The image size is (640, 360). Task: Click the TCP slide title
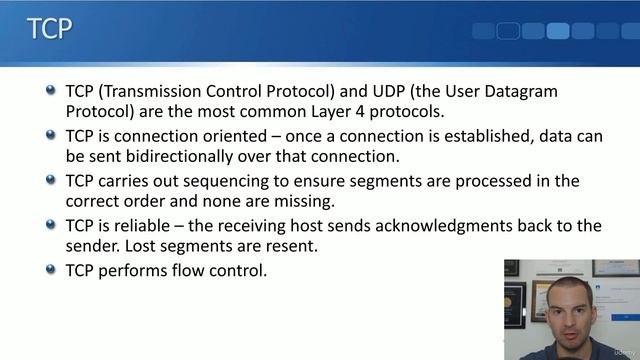[x=49, y=28]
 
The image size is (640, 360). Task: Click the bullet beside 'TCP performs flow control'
[x=52, y=269]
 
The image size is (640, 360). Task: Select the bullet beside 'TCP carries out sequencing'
[x=52, y=180]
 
